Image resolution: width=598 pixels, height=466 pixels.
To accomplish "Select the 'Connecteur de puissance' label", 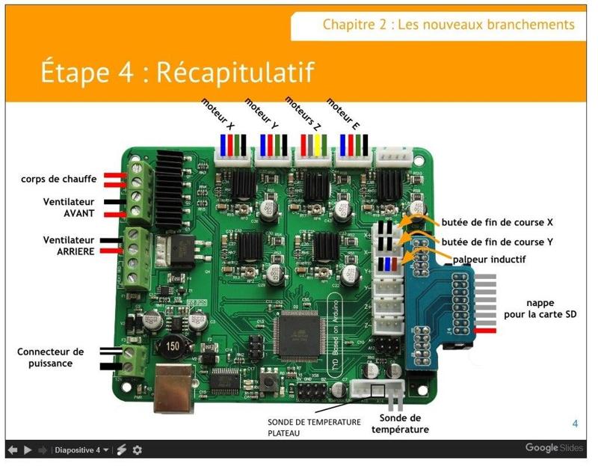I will [50, 357].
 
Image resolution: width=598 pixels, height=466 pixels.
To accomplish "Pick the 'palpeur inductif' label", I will [490, 259].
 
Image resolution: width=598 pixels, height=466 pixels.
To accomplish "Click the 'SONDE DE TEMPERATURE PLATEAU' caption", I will [313, 427].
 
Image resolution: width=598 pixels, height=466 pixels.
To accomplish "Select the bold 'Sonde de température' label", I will [400, 424].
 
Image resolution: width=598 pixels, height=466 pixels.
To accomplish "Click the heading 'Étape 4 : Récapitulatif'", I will [176, 72].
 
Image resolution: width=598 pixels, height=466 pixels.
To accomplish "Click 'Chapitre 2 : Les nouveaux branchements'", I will [449, 25].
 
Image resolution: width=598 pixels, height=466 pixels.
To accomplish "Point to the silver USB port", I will [175, 401].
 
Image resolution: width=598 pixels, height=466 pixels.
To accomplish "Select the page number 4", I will [575, 424].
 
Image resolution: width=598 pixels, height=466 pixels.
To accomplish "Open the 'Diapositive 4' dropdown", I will [82, 450].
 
